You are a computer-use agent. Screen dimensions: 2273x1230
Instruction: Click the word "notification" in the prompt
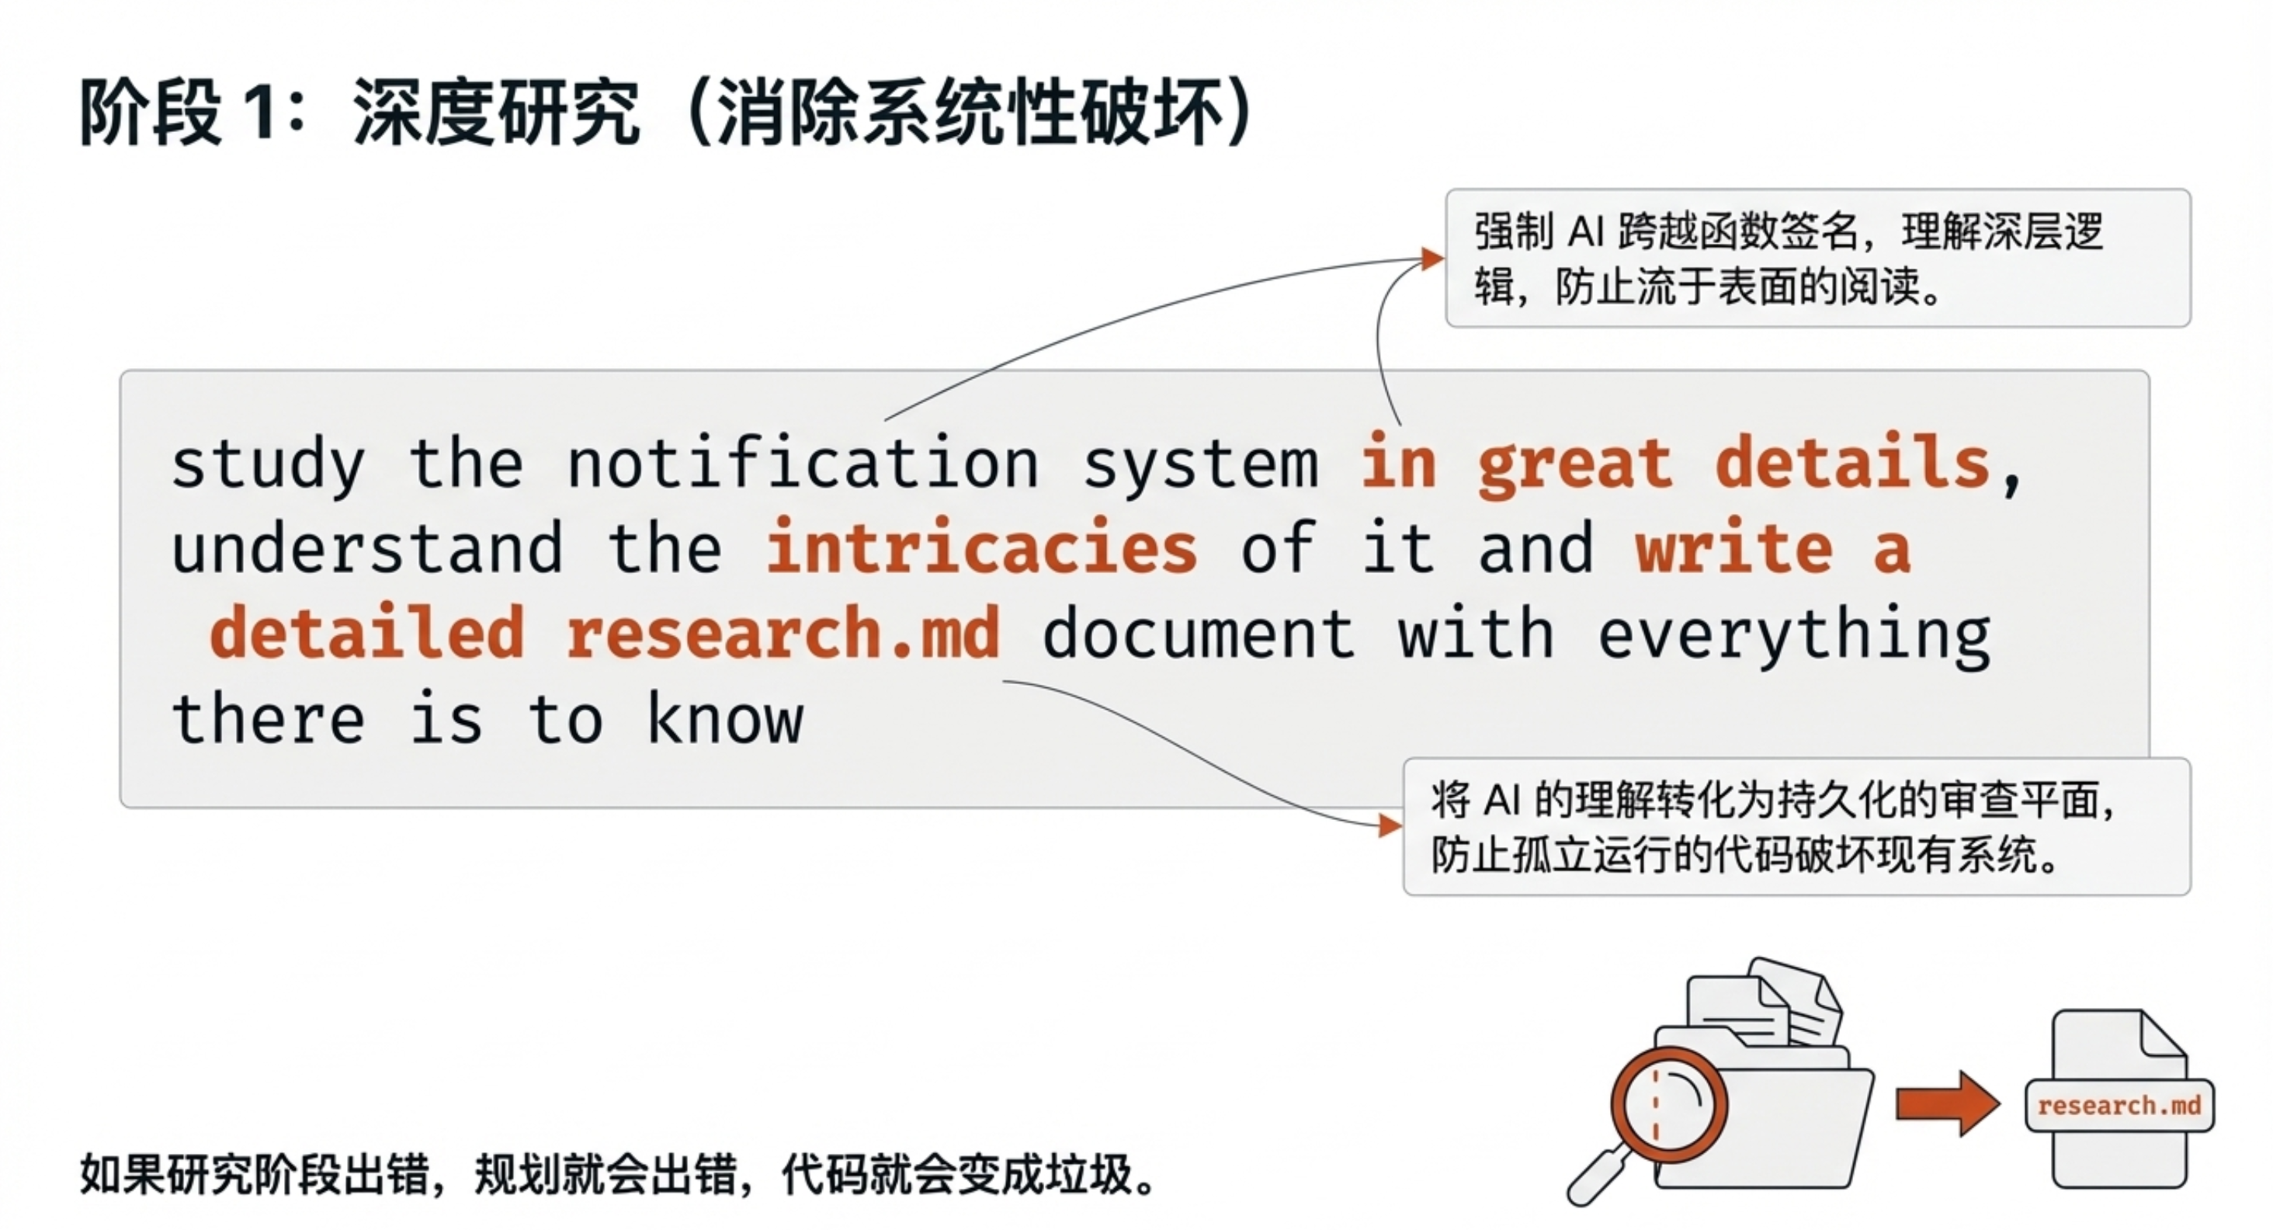coord(802,464)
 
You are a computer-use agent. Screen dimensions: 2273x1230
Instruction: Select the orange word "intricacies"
coord(981,548)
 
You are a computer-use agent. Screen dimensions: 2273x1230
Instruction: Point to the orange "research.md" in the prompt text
coord(783,633)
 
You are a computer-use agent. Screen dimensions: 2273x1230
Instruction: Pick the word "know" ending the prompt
coord(725,717)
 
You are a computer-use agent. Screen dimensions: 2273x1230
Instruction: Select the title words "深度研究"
coord(496,112)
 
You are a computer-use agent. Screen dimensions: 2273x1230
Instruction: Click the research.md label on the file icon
coord(2119,1105)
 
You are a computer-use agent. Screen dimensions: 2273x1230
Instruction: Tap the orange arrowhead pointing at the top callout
coord(1432,259)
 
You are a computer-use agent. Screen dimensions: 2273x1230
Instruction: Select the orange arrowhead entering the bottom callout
coord(1390,826)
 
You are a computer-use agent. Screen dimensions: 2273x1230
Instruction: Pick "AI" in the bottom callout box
coord(1501,801)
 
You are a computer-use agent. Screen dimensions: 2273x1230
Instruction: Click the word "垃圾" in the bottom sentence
coord(1087,1174)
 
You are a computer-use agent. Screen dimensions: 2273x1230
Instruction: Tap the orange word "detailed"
coord(367,633)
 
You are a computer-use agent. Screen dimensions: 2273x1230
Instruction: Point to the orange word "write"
coord(1734,548)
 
